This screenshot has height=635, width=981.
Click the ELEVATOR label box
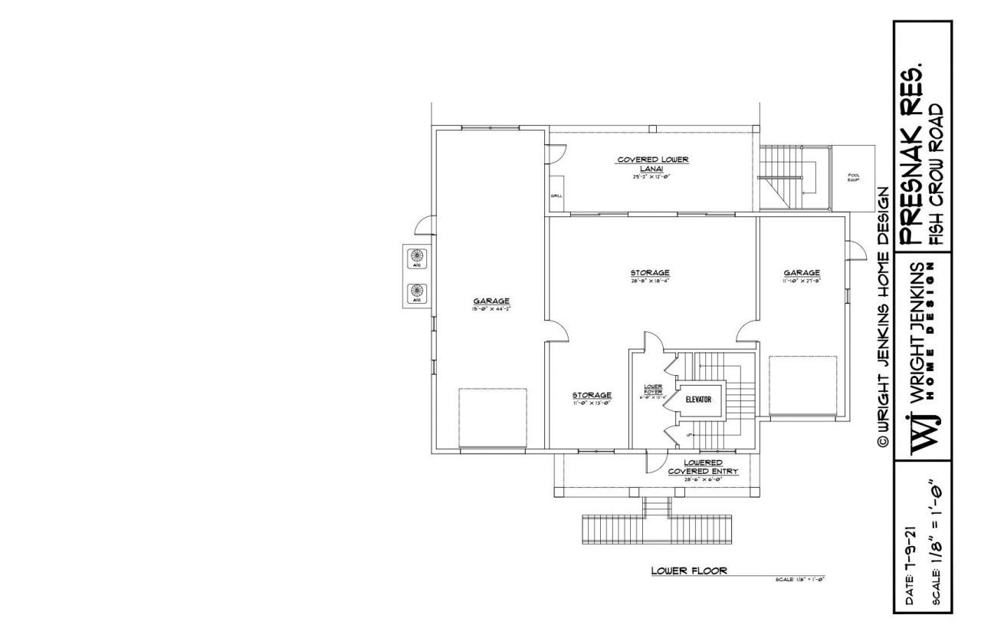tap(698, 400)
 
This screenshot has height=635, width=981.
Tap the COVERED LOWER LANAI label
tap(653, 163)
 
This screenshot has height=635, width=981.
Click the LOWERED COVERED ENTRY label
tap(703, 468)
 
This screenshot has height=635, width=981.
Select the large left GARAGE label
tap(491, 304)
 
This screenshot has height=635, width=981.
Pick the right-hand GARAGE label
tap(802, 275)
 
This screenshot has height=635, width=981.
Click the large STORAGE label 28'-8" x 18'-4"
tap(650, 275)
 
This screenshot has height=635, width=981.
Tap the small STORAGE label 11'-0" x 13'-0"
tap(592, 397)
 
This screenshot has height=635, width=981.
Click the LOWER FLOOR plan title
tap(689, 571)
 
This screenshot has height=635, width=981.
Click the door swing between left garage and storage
tap(558, 330)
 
